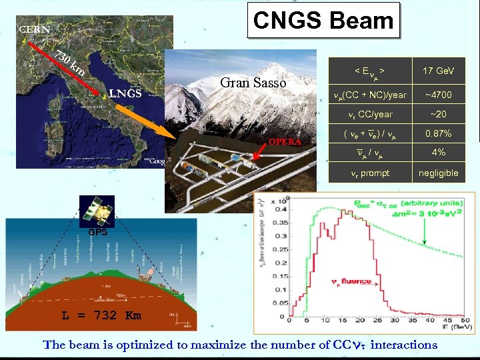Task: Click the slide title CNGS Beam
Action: (x=323, y=21)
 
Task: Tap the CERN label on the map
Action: (x=34, y=29)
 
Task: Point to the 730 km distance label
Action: (x=69, y=62)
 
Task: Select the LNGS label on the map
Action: (x=125, y=93)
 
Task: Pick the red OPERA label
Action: (x=285, y=141)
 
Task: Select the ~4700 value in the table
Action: (x=438, y=95)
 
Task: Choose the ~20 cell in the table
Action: (x=438, y=114)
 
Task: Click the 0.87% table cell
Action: (x=438, y=133)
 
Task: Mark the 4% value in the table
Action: (x=438, y=153)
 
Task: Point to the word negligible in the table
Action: (x=438, y=173)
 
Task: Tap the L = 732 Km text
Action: (x=101, y=315)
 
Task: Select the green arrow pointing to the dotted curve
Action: (x=421, y=233)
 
